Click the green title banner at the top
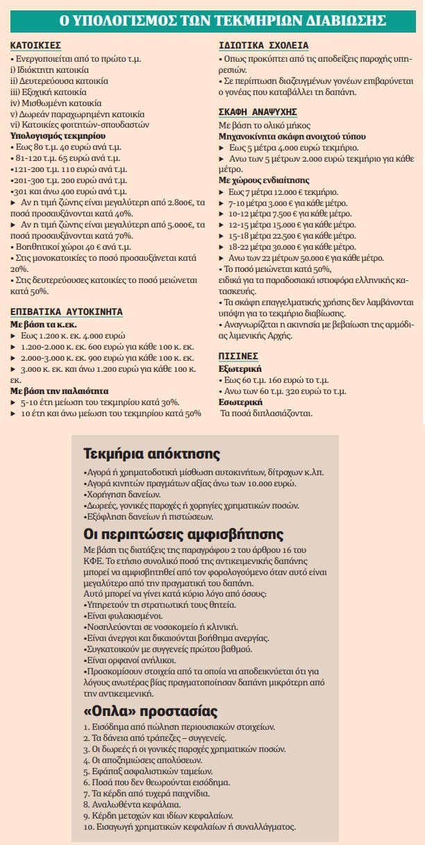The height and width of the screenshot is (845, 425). (212, 20)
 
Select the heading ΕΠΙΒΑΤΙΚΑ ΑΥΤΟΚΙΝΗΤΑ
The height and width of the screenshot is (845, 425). (58, 311)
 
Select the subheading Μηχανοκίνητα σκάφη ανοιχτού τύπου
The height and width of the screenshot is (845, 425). (283, 137)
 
